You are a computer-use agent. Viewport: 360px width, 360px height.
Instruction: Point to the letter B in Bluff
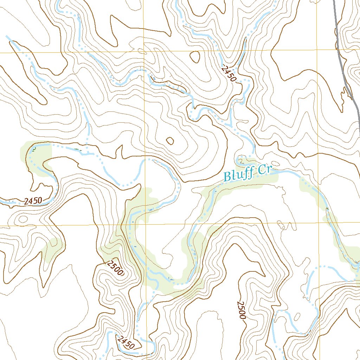(227, 176)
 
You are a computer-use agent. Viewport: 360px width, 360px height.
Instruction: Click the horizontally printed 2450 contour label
(33, 201)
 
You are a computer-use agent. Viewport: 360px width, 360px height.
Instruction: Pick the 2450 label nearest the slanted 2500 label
(126, 343)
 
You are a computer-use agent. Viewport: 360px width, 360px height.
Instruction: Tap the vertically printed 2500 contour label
(241, 310)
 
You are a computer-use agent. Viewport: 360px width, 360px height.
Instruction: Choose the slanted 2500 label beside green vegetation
(115, 268)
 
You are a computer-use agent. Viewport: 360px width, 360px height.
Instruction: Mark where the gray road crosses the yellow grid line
(338, 50)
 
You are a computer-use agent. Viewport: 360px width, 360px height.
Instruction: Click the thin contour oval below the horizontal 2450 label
(22, 219)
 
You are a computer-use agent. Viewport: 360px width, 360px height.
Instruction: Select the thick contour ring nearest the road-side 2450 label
(195, 56)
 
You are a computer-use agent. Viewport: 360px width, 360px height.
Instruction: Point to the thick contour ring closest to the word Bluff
(170, 141)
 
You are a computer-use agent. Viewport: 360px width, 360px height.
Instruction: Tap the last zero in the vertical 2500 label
(242, 316)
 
